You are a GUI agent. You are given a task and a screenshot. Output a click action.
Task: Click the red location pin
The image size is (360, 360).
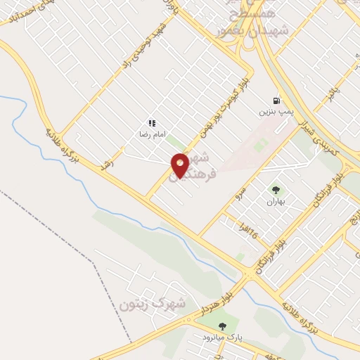tap(180, 166)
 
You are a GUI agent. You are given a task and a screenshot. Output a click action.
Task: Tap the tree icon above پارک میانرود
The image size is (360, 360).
tap(223, 326)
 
